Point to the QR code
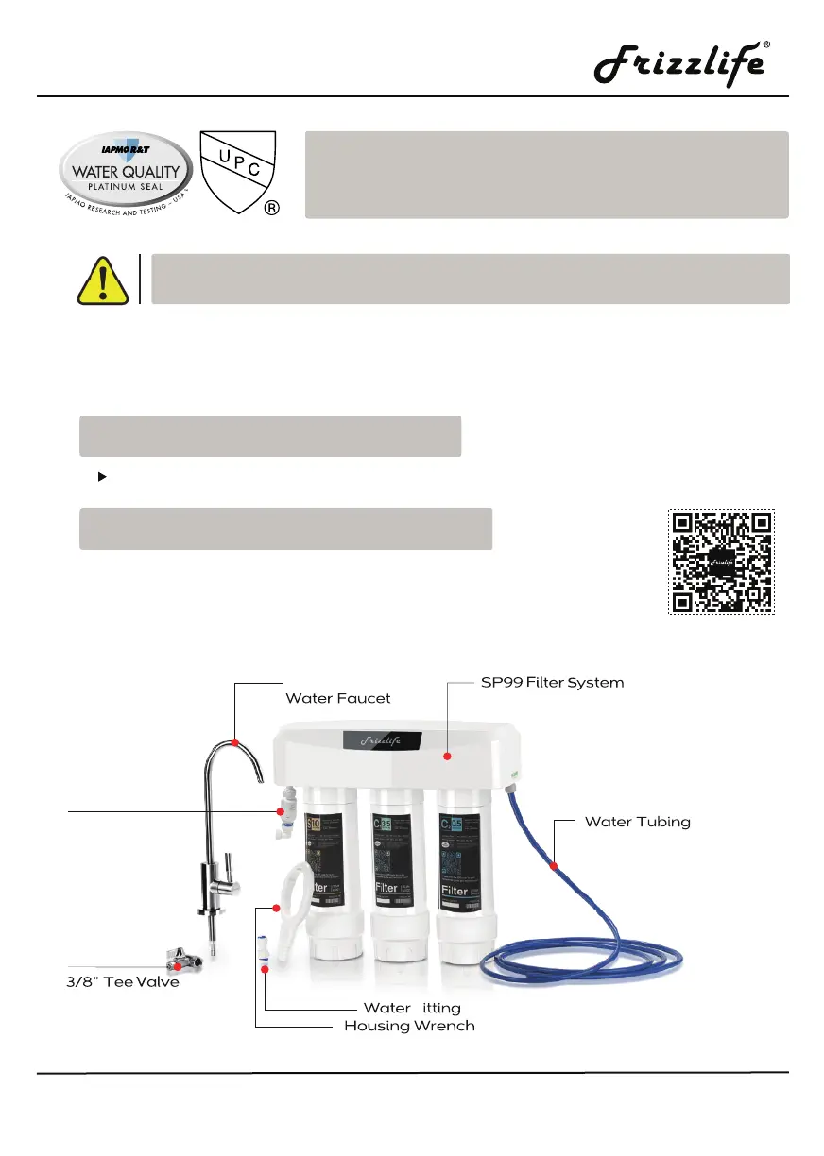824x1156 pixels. (x=722, y=563)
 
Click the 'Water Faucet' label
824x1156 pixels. (x=337, y=698)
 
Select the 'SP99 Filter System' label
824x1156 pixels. (x=547, y=682)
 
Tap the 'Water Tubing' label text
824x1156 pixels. (x=637, y=822)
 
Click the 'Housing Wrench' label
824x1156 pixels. (x=409, y=1026)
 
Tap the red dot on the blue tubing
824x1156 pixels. (x=554, y=864)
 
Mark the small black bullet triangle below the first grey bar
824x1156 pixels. (x=101, y=477)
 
